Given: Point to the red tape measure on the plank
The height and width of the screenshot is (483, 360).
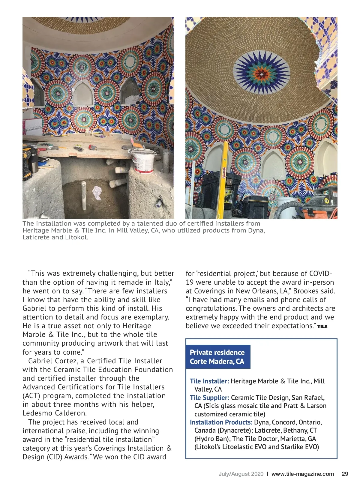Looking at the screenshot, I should tap(92, 147).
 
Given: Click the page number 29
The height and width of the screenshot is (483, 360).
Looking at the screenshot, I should tap(345, 474).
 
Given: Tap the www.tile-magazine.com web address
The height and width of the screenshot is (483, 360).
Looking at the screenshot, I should tap(302, 474).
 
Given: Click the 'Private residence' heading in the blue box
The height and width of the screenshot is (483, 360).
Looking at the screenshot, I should tap(217, 352).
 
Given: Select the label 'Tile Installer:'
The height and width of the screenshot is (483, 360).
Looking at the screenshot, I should tap(209, 381).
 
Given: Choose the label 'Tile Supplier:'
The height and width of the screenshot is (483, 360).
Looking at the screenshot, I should tap(209, 398).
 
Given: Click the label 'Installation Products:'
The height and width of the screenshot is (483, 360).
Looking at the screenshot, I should tap(221, 422).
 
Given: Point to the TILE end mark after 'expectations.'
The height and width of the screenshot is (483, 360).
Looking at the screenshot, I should tap(322, 327).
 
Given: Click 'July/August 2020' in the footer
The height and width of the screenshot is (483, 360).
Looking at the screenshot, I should tap(241, 474).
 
